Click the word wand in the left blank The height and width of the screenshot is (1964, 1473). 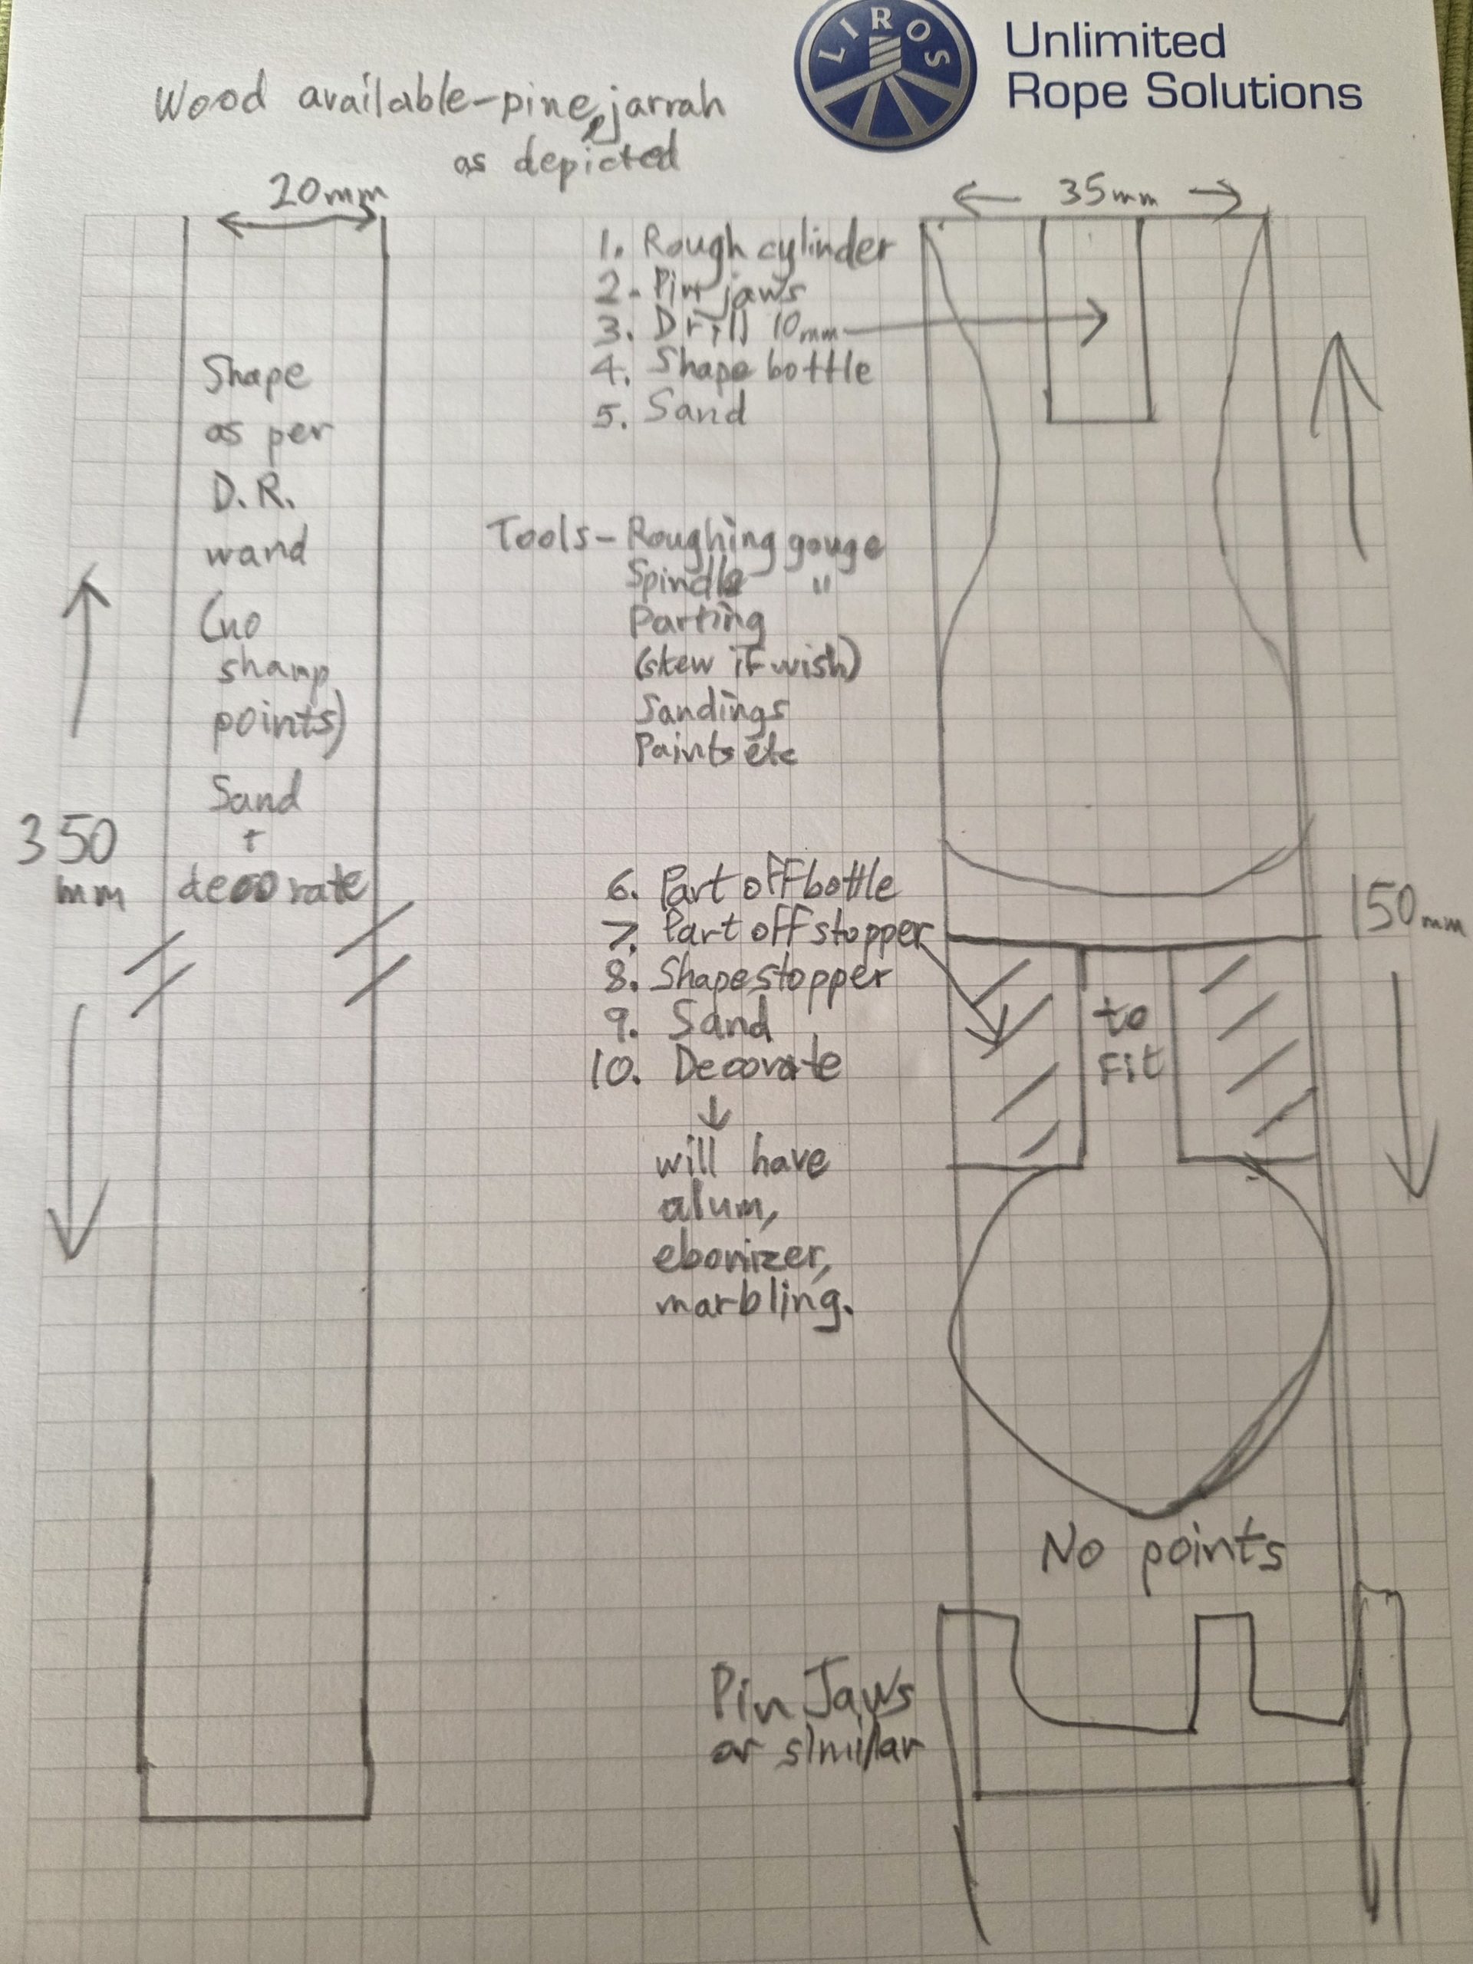[x=255, y=549]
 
